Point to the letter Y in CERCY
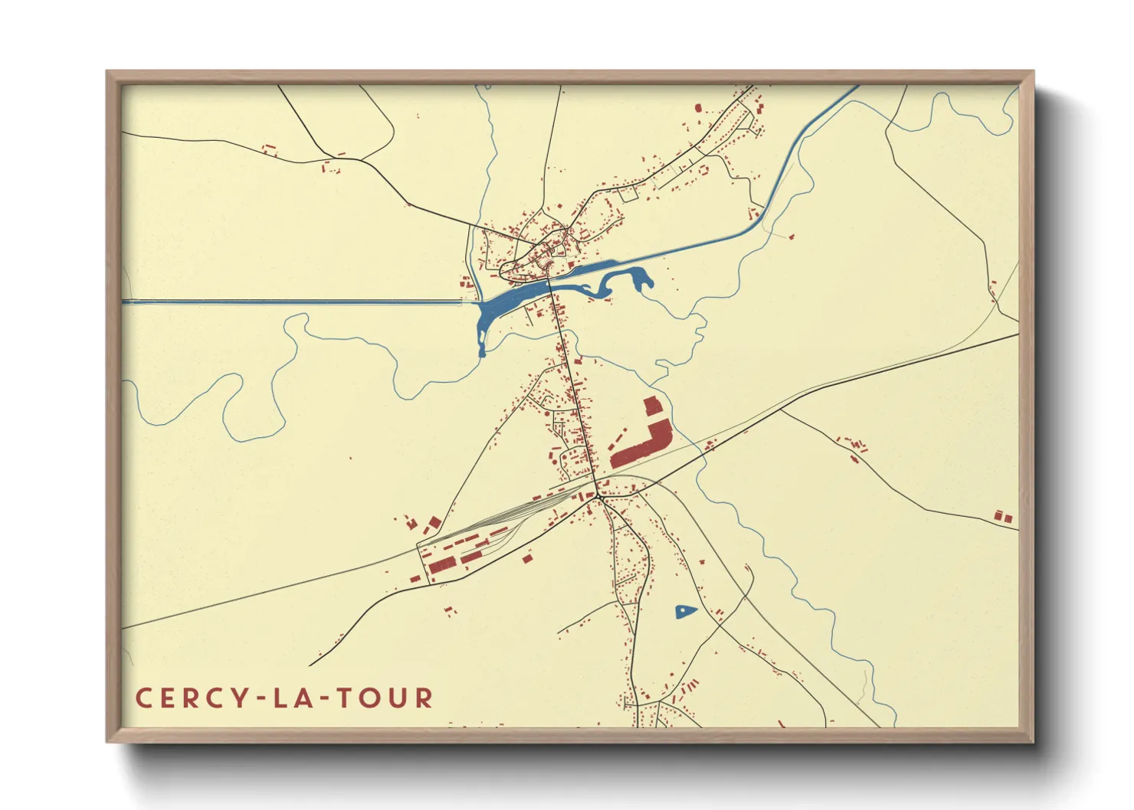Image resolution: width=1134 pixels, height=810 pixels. click(x=241, y=698)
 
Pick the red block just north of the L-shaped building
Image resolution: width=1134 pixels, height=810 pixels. click(x=651, y=406)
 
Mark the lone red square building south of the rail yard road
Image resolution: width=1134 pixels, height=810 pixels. click(x=526, y=559)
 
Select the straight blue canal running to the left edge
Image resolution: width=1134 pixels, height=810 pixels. click(x=291, y=302)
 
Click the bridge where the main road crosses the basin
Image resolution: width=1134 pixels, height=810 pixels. click(x=550, y=284)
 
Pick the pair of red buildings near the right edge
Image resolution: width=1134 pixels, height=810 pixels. click(x=1003, y=517)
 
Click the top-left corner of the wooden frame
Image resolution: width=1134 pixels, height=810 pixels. click(x=107, y=72)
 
